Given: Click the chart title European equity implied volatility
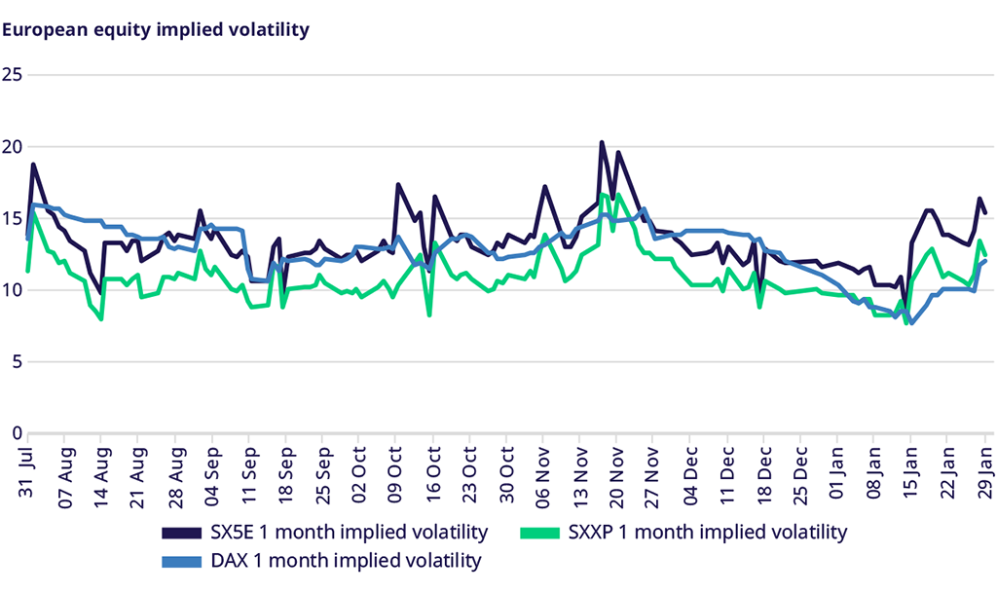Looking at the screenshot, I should click(156, 29).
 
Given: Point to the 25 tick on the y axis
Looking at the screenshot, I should click(12, 75).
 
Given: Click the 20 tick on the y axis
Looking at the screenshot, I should click(12, 147).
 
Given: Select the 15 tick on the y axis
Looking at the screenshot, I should click(12, 218).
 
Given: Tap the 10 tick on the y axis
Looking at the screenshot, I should click(12, 290).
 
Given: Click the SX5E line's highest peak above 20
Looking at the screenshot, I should click(602, 143).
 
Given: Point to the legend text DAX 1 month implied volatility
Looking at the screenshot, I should click(346, 561).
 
